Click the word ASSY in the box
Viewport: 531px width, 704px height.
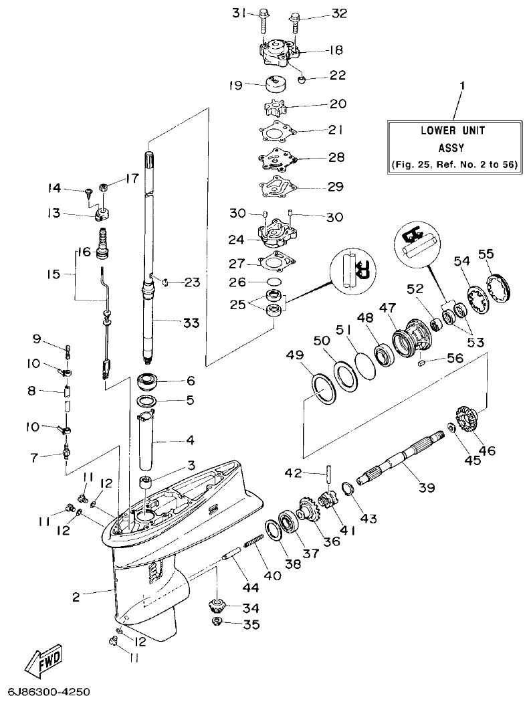pos(451,148)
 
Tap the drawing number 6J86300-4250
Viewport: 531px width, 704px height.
pos(49,691)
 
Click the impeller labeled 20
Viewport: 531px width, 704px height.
pos(275,108)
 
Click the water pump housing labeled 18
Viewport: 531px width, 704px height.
pos(278,53)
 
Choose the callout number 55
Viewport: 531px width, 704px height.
pos(486,254)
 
